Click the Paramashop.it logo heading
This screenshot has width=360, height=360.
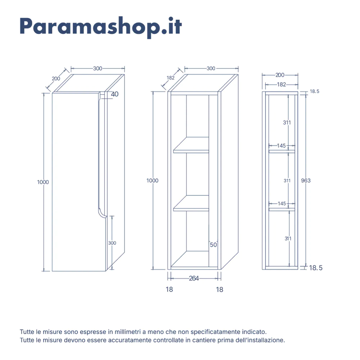[101, 27]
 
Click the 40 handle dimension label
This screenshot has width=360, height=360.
[114, 94]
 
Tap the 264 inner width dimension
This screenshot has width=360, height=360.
[194, 278]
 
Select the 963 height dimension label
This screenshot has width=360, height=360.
[306, 180]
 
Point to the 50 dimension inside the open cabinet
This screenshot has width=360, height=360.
[213, 245]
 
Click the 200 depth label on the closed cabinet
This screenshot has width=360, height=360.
[56, 79]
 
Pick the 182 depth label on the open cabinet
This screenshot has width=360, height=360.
[171, 78]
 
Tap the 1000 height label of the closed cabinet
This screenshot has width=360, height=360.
[43, 182]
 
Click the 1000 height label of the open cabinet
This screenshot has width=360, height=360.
[152, 181]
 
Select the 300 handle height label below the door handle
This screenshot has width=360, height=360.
[112, 243]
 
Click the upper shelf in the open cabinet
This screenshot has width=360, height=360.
[191, 145]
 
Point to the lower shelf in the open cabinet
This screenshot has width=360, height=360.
[191, 203]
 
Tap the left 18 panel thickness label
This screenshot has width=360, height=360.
[169, 289]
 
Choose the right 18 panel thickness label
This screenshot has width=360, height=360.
[220, 290]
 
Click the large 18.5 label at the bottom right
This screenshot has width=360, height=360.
[316, 268]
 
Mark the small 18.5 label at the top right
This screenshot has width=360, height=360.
[315, 91]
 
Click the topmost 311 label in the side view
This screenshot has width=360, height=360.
[287, 123]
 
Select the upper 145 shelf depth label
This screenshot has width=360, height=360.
[281, 145]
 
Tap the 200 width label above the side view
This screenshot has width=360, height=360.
[280, 75]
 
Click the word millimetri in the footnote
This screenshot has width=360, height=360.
[128, 332]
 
